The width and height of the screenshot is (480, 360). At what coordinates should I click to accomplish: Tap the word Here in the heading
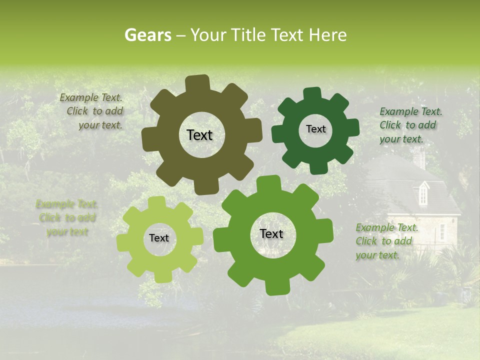click(327, 35)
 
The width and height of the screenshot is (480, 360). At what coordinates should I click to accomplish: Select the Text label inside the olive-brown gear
click(199, 135)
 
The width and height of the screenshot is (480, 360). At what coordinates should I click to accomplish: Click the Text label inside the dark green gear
click(315, 129)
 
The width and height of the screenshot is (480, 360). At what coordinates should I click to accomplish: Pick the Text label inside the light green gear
click(159, 238)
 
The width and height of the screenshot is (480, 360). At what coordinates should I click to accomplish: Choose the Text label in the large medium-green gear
click(271, 234)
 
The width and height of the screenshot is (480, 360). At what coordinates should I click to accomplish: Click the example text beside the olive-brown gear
click(93, 111)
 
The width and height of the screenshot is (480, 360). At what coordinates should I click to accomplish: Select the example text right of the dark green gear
click(410, 125)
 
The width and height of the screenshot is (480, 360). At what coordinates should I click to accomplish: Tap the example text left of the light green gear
click(67, 218)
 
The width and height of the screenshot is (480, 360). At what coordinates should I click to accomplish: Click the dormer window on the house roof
click(423, 192)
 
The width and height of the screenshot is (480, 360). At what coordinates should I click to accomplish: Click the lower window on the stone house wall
click(442, 231)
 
